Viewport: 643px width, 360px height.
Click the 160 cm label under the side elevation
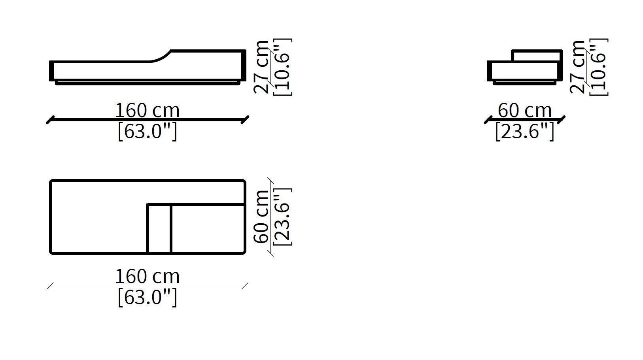point(147,110)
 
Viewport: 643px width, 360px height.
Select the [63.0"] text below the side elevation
point(147,132)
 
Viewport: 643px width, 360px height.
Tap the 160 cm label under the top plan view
point(147,276)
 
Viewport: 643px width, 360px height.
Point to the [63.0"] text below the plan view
point(147,298)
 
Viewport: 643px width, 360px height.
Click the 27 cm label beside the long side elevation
point(261,67)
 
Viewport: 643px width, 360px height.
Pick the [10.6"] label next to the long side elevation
point(282,67)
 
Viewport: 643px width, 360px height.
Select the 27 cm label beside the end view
point(578,67)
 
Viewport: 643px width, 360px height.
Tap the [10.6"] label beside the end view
point(598,67)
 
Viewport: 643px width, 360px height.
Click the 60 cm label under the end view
point(524,110)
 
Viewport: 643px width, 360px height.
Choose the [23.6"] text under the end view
point(524,132)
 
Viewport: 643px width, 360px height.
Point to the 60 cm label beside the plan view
point(261,217)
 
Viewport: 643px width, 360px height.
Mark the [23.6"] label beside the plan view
point(282,217)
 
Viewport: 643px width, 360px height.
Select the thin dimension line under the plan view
point(147,286)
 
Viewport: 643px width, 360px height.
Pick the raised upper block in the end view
point(537,56)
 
